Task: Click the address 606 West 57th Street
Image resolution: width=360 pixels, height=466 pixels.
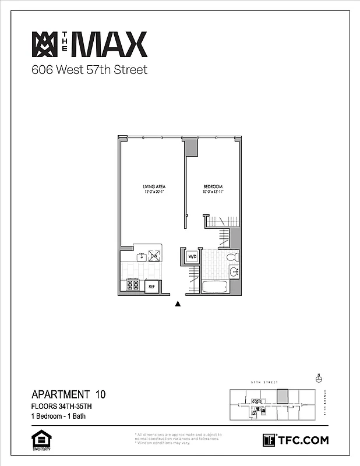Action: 89,70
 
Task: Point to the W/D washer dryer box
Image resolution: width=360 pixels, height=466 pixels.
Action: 192,256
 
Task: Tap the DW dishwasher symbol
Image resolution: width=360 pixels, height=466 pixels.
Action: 154,256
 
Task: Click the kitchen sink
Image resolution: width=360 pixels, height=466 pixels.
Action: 141,256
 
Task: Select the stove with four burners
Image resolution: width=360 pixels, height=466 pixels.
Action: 133,285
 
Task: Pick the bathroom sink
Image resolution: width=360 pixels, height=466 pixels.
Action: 234,271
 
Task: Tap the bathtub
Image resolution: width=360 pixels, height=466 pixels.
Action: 215,287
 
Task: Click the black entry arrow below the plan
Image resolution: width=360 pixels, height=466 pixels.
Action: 178,303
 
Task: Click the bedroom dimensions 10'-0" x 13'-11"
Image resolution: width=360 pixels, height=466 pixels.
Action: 214,192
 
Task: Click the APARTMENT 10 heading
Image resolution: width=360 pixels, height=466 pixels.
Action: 68,394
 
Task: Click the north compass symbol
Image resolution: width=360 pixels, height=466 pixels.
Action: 319,378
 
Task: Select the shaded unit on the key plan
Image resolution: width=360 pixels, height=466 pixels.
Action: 283,396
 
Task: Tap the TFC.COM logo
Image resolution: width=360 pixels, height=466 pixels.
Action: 295,440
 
